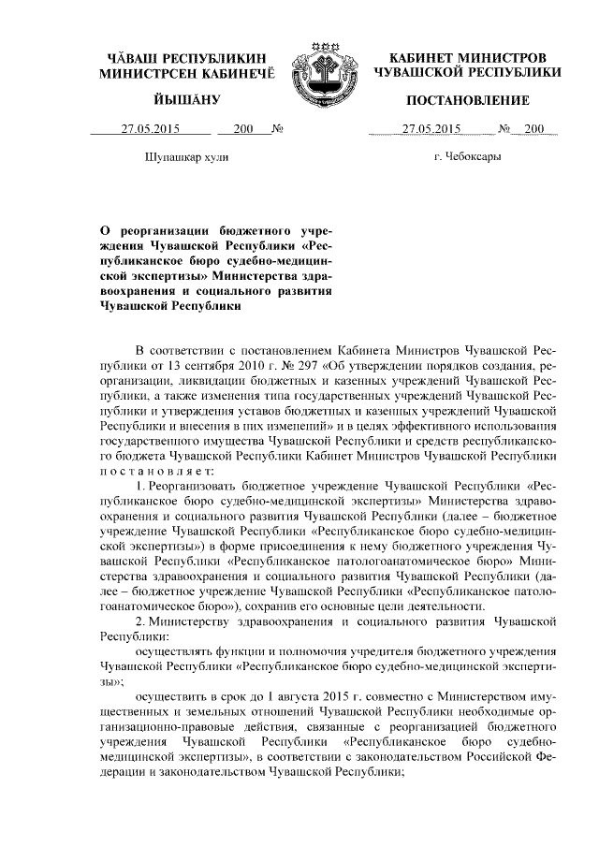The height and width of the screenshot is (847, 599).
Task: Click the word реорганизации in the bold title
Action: coord(162,228)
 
